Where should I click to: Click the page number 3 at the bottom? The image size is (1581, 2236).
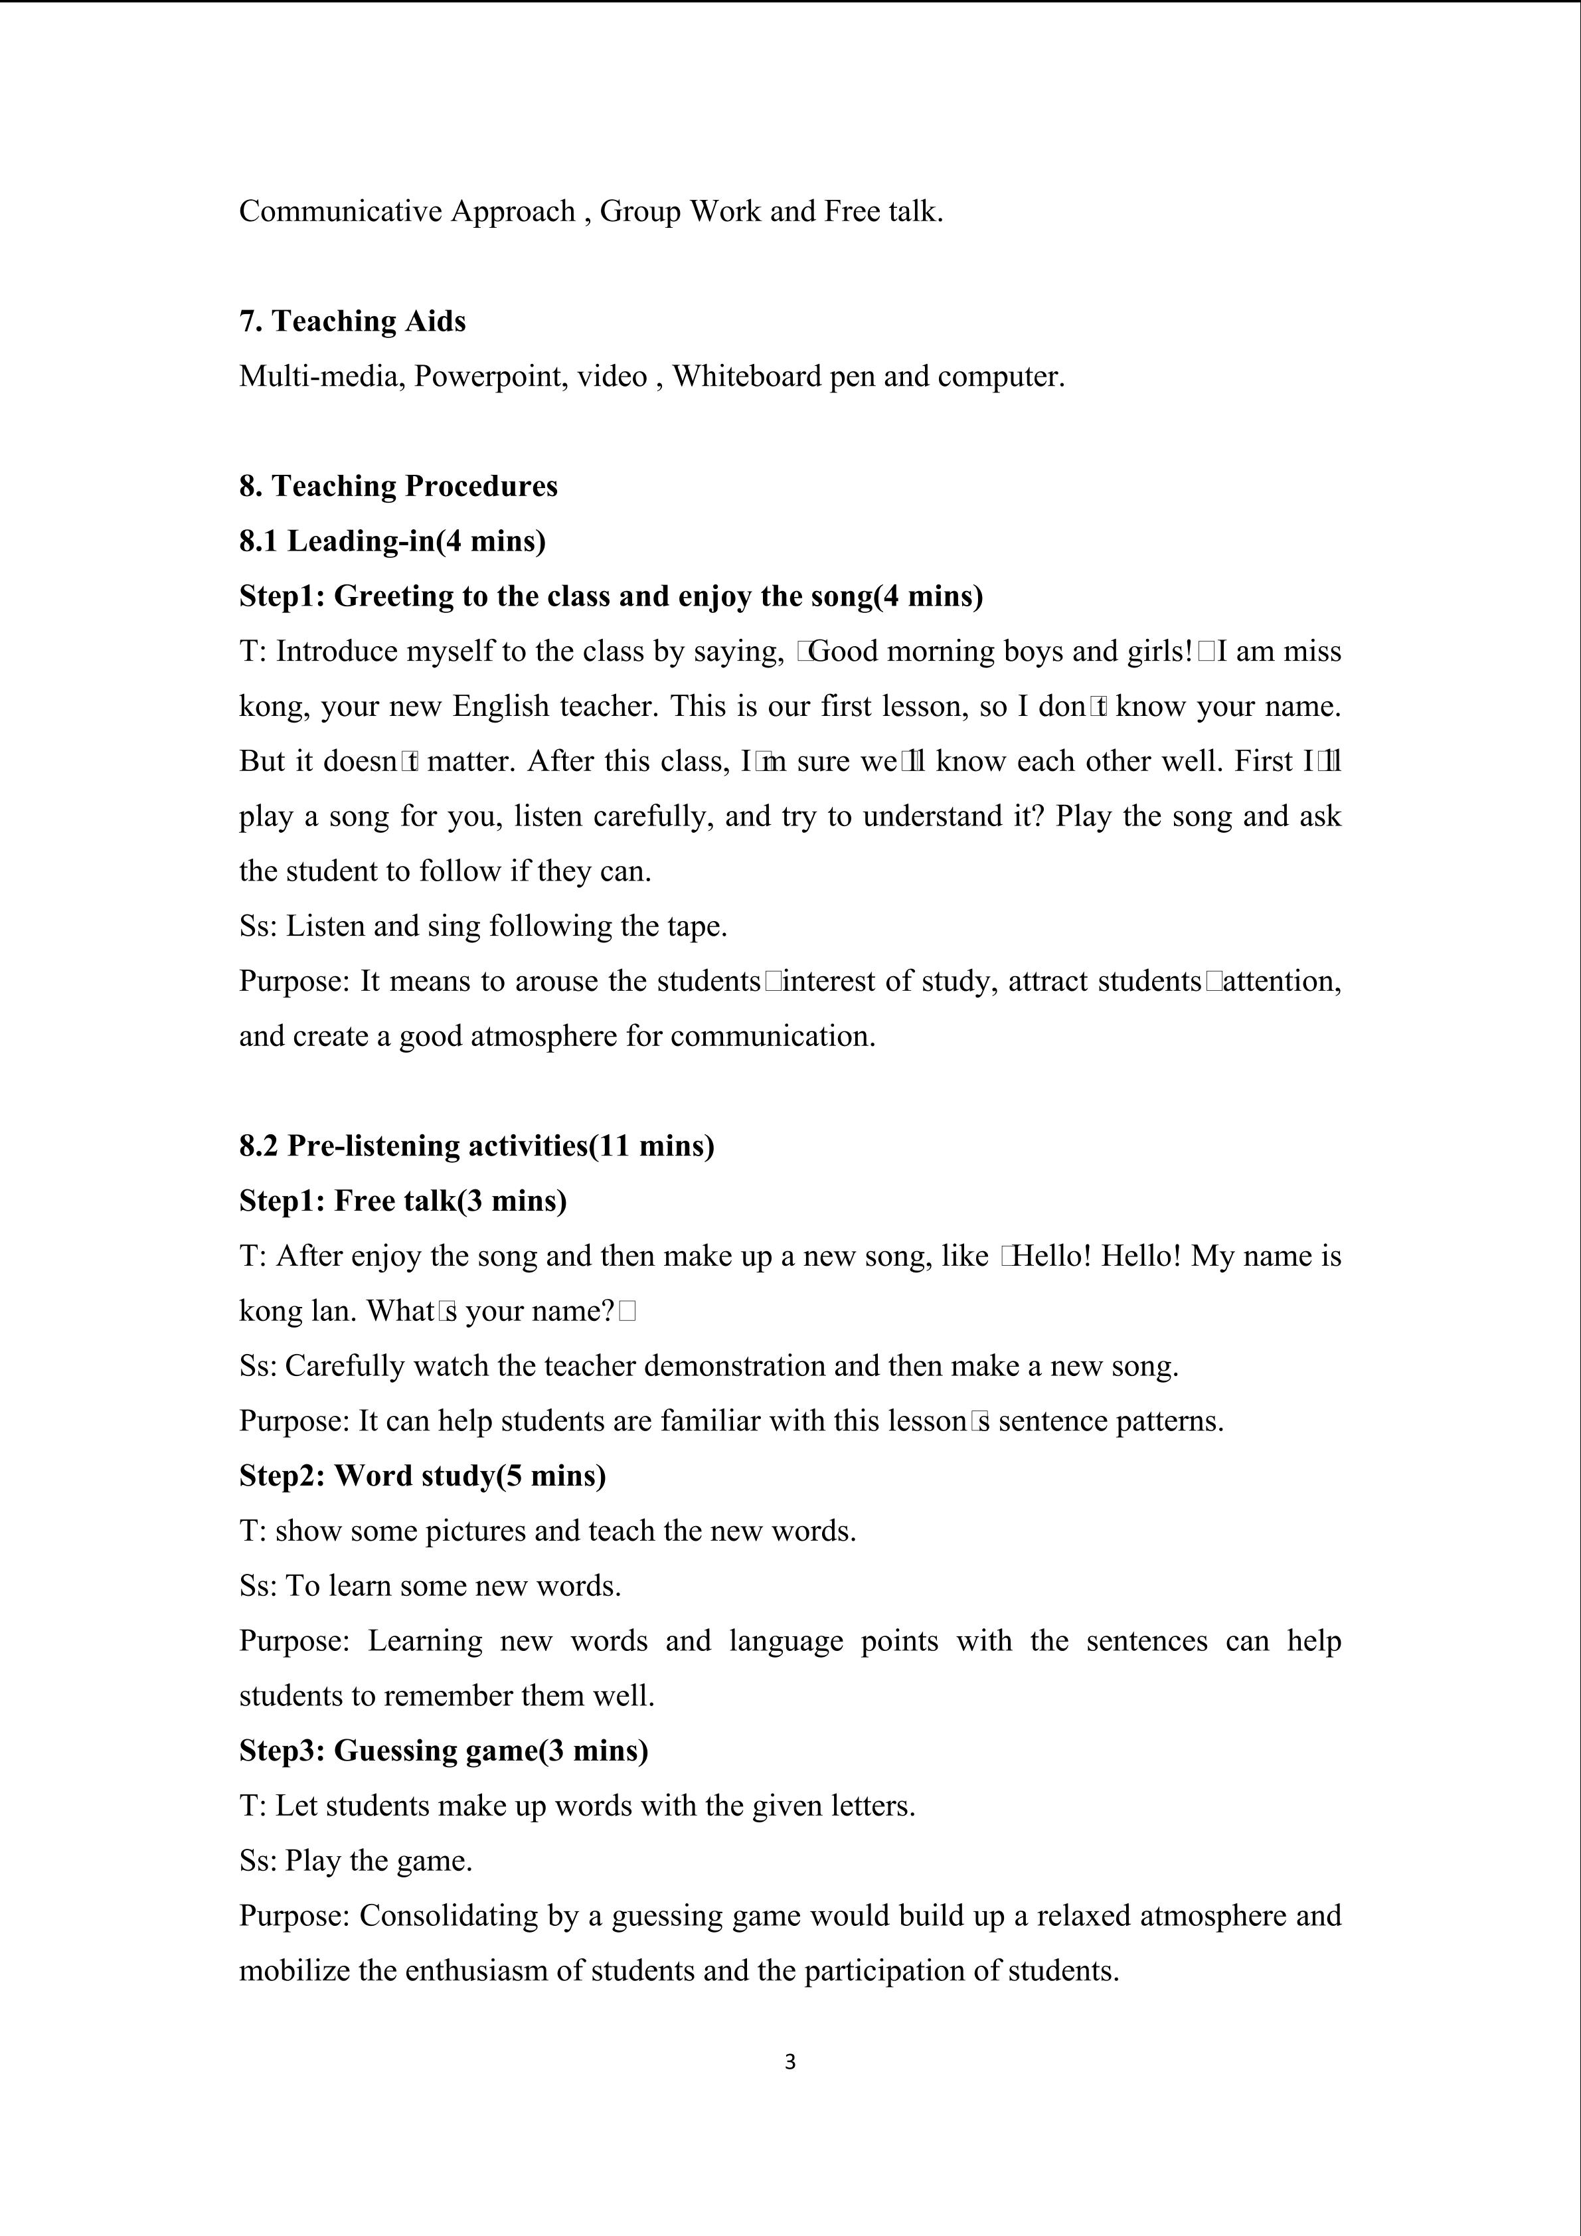[x=790, y=2062]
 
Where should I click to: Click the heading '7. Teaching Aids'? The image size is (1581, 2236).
[x=353, y=321]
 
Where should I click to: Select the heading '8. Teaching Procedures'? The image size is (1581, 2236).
[x=398, y=486]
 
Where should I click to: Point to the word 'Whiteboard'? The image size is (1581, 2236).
[x=747, y=376]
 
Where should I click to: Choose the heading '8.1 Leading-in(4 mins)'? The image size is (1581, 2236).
[x=392, y=541]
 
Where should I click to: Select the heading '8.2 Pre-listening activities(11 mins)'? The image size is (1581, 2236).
[x=477, y=1146]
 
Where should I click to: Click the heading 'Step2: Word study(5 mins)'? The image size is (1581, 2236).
[x=422, y=1476]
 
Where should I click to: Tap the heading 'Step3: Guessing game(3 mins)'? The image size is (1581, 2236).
[x=444, y=1750]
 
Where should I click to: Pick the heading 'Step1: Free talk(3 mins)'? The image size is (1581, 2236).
[x=403, y=1201]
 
